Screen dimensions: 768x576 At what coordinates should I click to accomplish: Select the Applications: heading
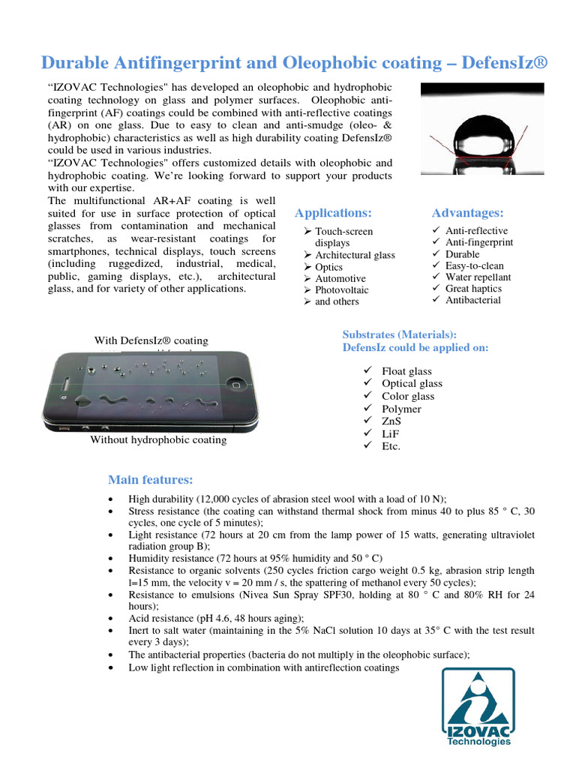333,213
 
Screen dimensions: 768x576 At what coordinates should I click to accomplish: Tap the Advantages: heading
467,213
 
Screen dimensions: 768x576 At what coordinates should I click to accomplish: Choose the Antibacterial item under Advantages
472,300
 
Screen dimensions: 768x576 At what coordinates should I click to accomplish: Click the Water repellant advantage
478,277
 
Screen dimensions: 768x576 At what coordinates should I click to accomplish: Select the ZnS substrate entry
392,421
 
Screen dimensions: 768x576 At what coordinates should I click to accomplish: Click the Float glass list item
406,371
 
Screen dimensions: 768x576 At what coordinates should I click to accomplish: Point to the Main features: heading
151,479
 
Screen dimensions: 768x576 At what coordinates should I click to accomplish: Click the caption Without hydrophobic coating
158,439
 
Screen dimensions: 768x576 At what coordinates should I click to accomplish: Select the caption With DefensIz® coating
151,340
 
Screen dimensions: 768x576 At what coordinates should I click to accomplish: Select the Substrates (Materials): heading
399,334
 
